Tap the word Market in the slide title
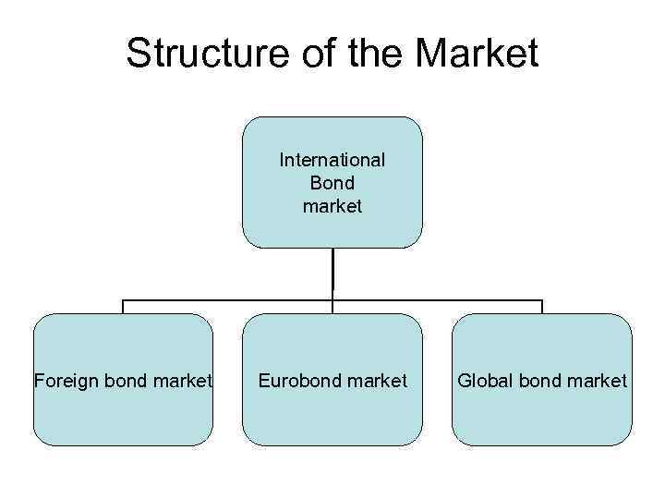coord(477,54)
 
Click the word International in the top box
coord(332,160)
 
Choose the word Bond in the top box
coord(332,183)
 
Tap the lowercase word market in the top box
coord(332,206)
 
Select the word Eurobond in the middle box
coord(299,381)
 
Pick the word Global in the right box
coord(481,381)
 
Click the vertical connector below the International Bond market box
coord(332,273)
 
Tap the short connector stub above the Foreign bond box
coord(123,307)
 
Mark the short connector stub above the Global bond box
coord(542,307)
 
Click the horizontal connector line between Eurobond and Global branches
coord(438,300)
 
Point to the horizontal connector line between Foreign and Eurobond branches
coord(227,300)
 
